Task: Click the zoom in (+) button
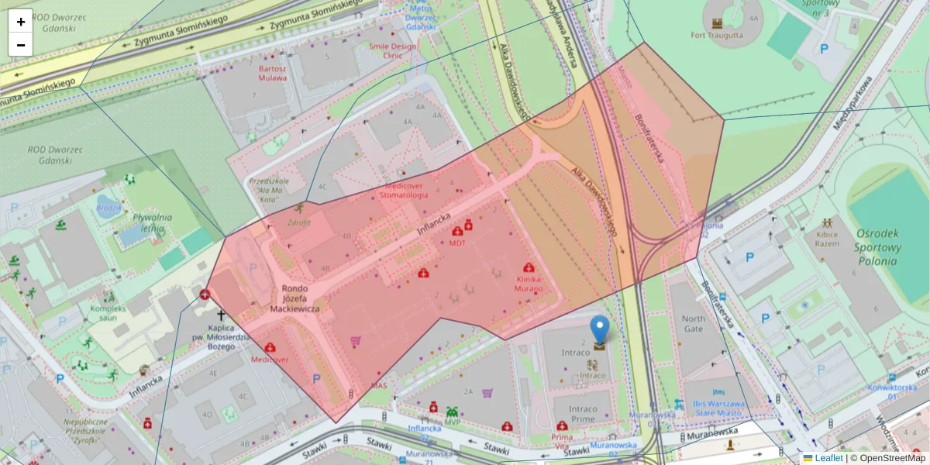tap(21, 22)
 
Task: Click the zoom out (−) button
tap(21, 45)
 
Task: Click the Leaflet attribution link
tap(828, 458)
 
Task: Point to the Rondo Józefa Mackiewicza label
tap(300, 298)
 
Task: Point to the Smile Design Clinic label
tap(393, 51)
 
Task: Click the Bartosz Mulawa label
tap(272, 73)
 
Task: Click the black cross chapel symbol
tap(221, 315)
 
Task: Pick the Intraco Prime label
tap(583, 413)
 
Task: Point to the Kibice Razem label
tap(828, 238)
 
